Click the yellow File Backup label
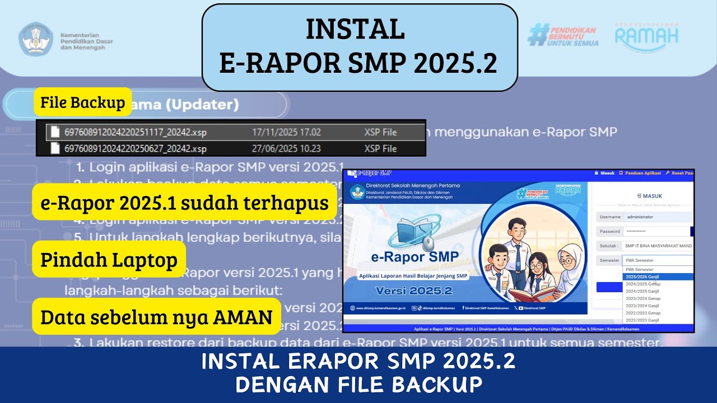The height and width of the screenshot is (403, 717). (x=83, y=102)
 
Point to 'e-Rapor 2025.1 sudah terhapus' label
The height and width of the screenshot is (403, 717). (x=185, y=203)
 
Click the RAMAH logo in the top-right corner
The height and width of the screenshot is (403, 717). (x=646, y=35)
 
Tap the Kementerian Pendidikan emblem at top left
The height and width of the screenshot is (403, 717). (x=36, y=39)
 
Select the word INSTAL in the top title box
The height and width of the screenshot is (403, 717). (x=355, y=30)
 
